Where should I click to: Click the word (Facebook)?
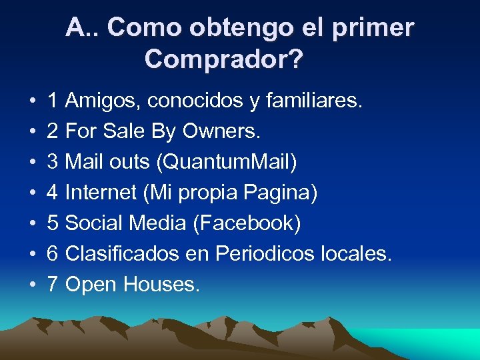click(247, 223)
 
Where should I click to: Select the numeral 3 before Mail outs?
click(53, 163)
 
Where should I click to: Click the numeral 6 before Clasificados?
click(53, 254)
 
